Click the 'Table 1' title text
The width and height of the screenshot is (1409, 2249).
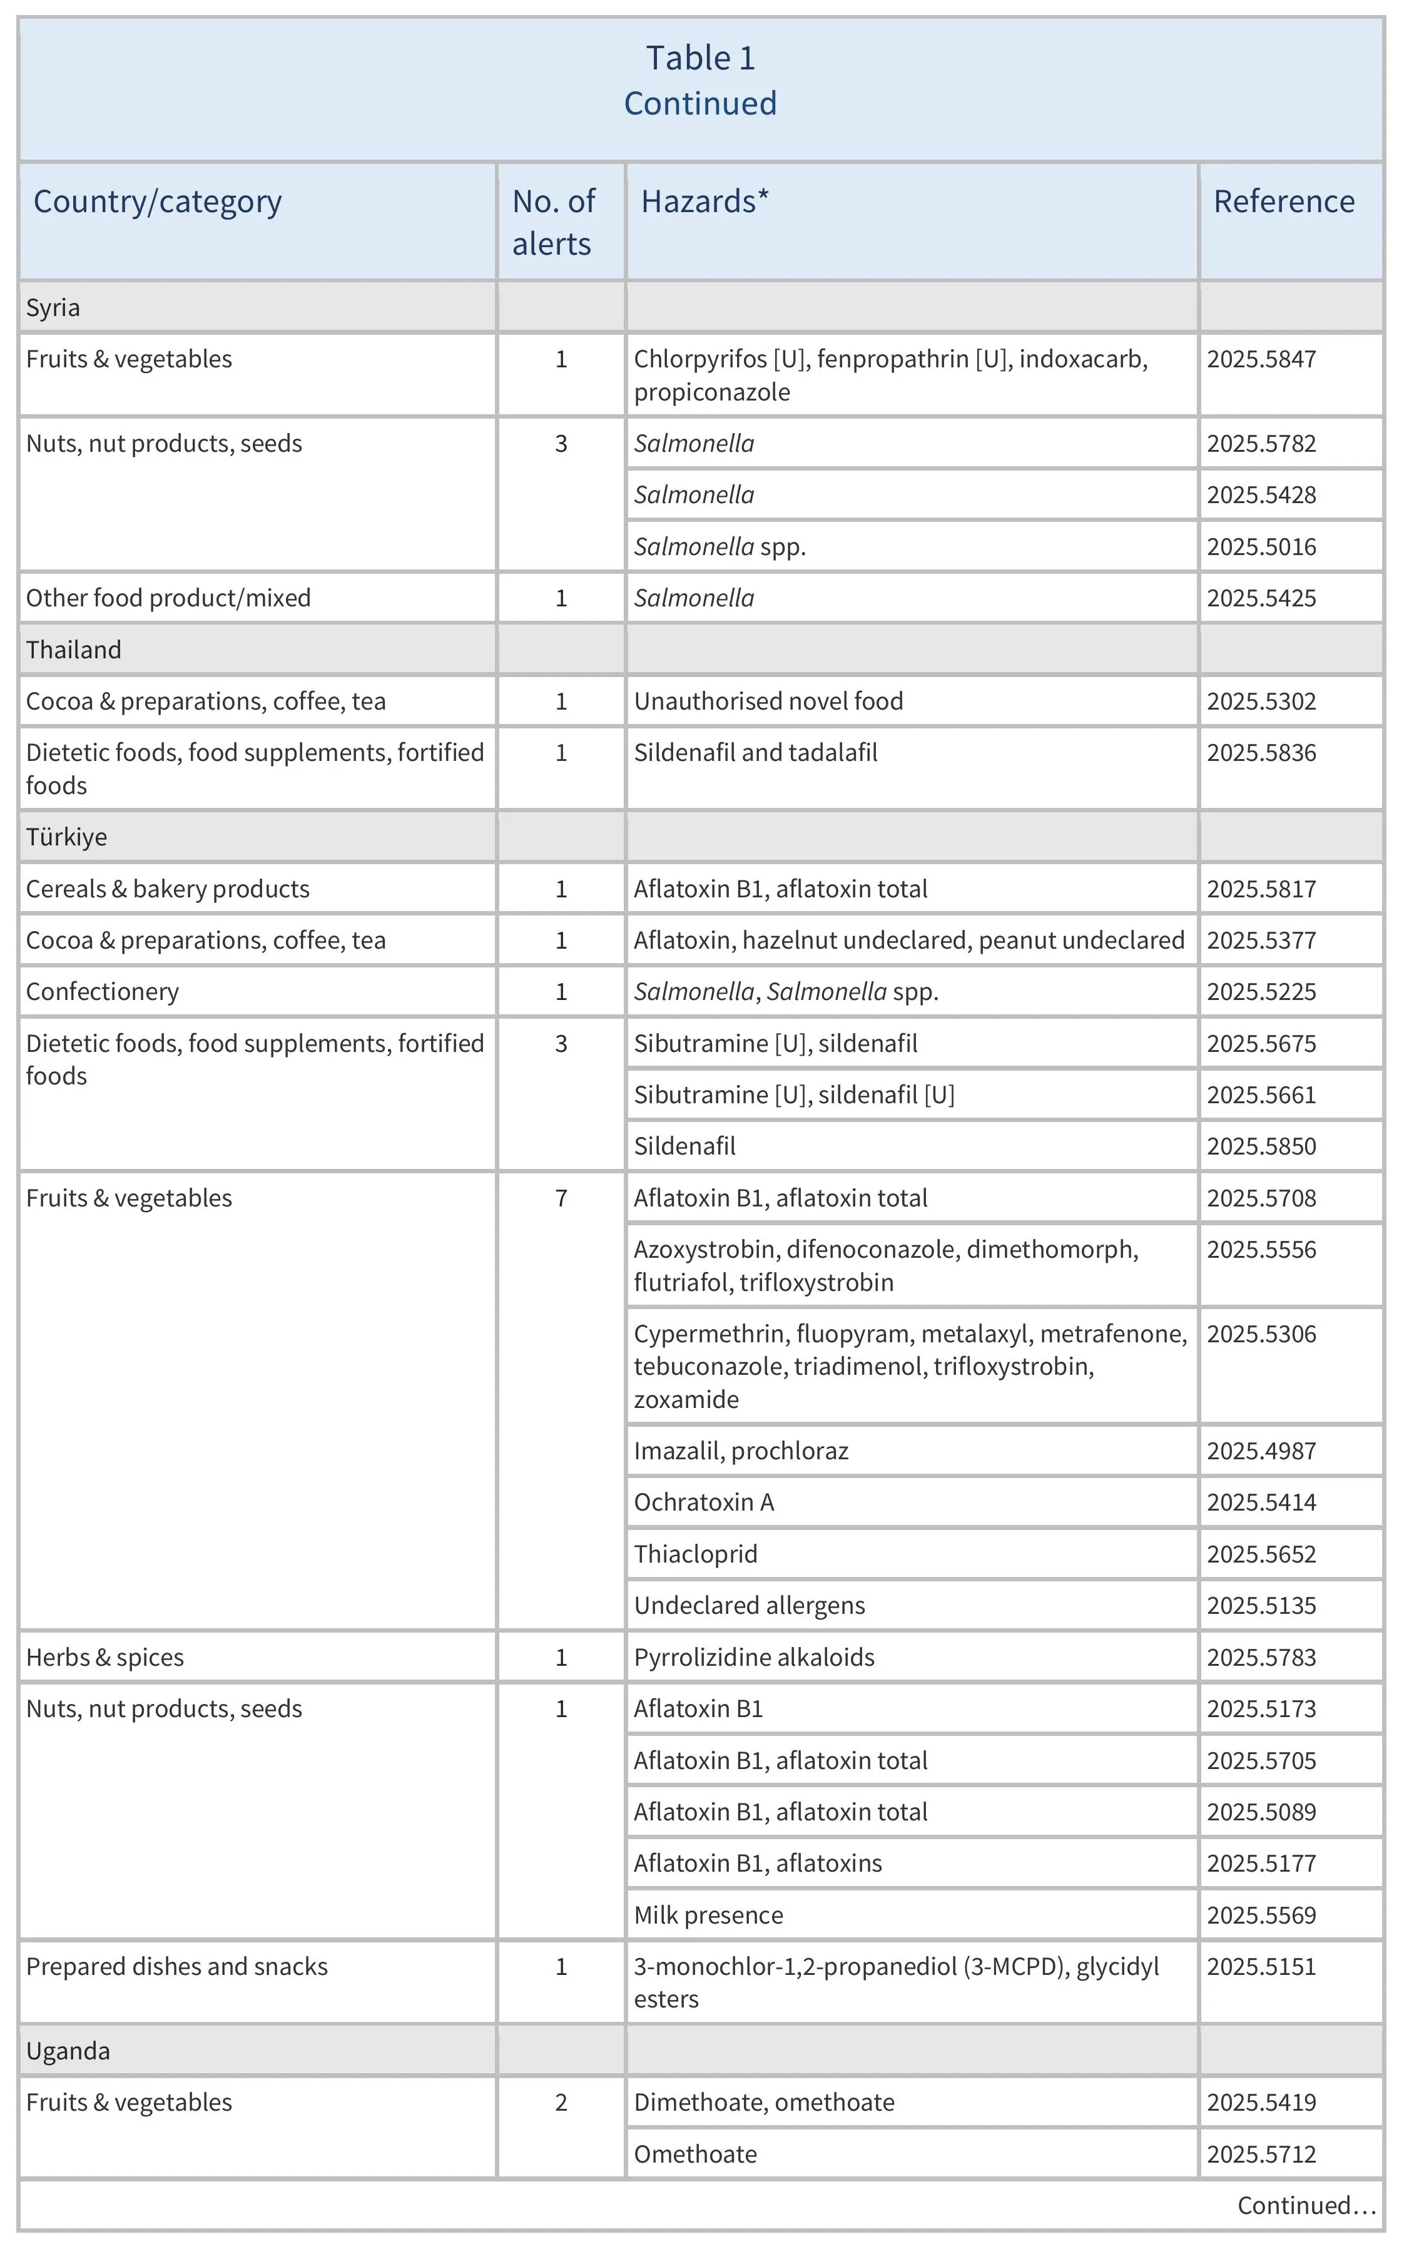(701, 58)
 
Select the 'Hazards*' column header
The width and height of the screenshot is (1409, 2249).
(704, 201)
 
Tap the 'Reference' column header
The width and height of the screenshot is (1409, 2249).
(1283, 201)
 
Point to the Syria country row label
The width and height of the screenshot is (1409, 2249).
(53, 308)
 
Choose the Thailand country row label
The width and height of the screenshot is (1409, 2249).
(74, 650)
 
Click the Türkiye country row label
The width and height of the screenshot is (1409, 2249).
(66, 837)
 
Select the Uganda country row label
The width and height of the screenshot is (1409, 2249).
(68, 2051)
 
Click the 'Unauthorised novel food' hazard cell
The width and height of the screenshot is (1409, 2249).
(768, 701)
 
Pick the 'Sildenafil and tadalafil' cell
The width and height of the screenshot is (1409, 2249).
(755, 752)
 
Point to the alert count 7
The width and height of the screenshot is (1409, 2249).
(561, 1198)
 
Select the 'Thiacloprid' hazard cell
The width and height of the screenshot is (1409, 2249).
(695, 1554)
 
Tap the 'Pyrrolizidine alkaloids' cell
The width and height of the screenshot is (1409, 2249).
(754, 1657)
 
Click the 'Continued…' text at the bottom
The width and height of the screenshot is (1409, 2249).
(1306, 2205)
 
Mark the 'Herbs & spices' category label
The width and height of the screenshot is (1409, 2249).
(104, 1657)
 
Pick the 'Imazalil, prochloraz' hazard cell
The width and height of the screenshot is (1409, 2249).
(741, 1451)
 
